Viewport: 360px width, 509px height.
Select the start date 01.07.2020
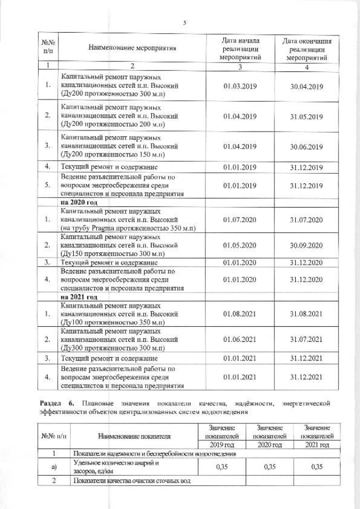(x=240, y=219)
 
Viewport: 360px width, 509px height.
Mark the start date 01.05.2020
(x=240, y=246)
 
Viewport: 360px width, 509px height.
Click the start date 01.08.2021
(x=240, y=313)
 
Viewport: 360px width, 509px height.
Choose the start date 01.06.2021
(x=240, y=339)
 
